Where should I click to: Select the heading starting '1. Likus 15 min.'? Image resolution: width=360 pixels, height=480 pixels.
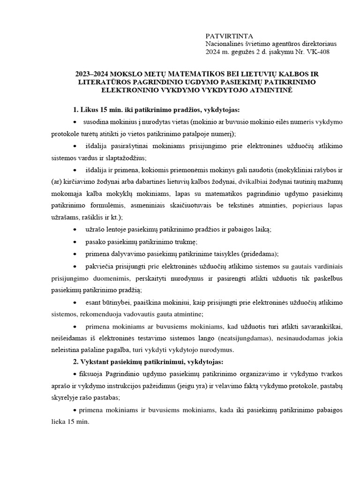156,110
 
